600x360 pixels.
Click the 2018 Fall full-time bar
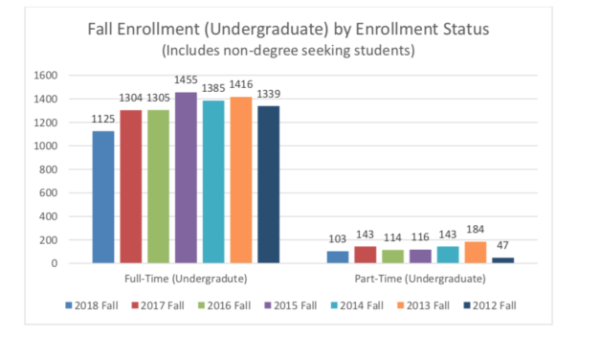103,196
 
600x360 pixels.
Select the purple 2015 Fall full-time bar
186,177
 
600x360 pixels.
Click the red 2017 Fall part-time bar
365,254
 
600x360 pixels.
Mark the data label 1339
268,97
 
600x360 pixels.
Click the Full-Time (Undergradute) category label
186,278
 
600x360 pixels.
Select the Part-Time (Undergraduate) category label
420,278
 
